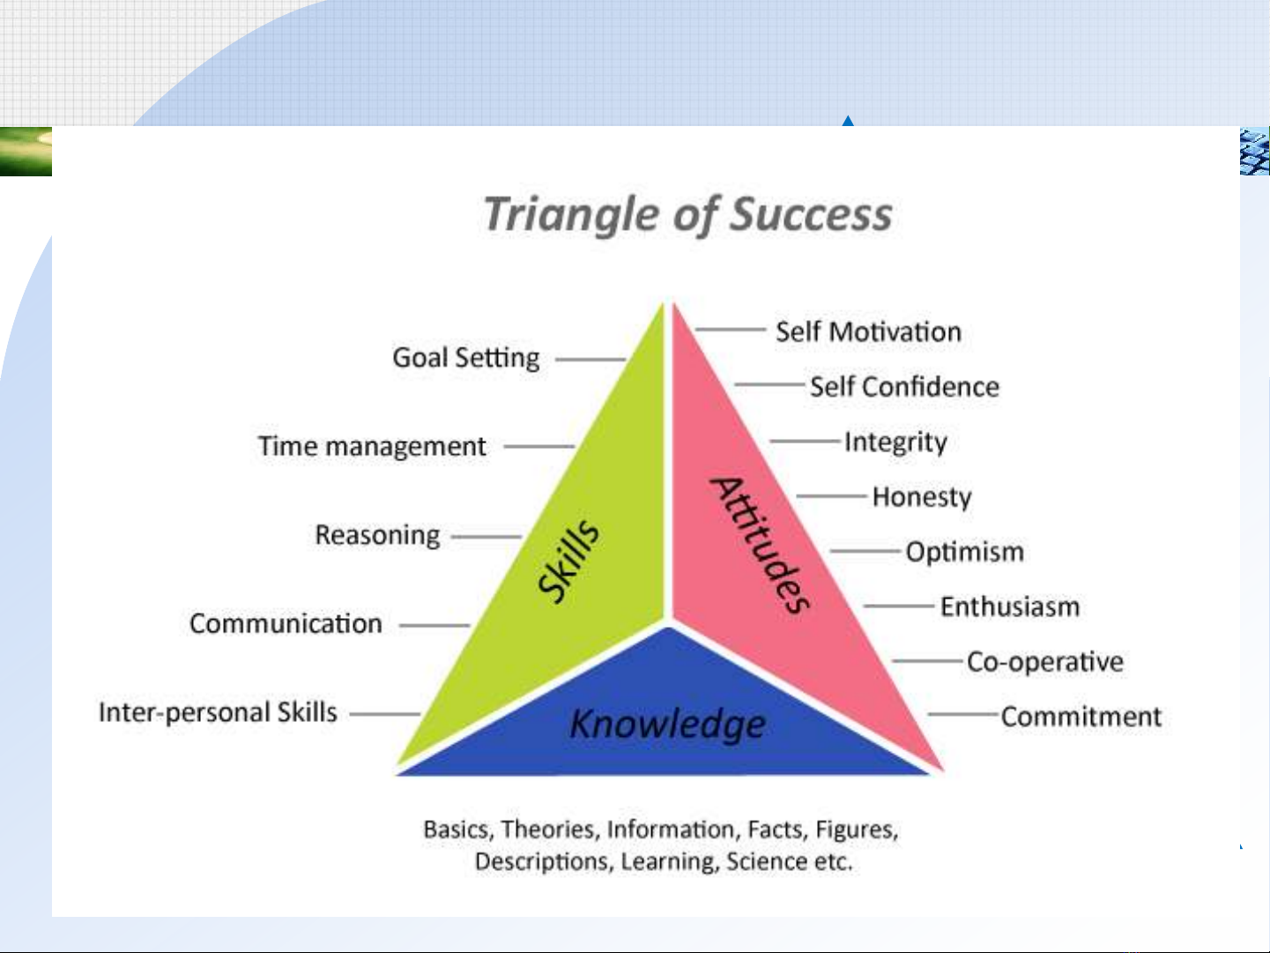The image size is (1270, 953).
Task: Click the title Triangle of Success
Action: click(687, 215)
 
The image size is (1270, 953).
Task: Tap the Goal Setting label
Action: click(465, 358)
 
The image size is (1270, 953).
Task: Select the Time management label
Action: click(371, 446)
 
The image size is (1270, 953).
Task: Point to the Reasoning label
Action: click(377, 535)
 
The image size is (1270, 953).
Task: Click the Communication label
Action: click(286, 624)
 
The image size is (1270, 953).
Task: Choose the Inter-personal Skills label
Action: click(218, 712)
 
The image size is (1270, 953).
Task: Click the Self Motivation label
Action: click(868, 332)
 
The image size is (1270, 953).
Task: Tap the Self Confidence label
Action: click(904, 386)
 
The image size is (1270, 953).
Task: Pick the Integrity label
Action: click(895, 443)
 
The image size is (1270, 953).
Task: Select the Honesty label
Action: click(922, 497)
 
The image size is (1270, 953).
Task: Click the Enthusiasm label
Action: click(1010, 607)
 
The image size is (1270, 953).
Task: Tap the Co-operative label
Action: click(1045, 662)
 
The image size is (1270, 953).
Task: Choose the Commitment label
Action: click(1081, 717)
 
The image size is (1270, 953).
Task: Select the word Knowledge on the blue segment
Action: click(668, 724)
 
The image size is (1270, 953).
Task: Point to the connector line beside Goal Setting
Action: click(590, 360)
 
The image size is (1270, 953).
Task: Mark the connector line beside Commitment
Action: click(963, 714)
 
